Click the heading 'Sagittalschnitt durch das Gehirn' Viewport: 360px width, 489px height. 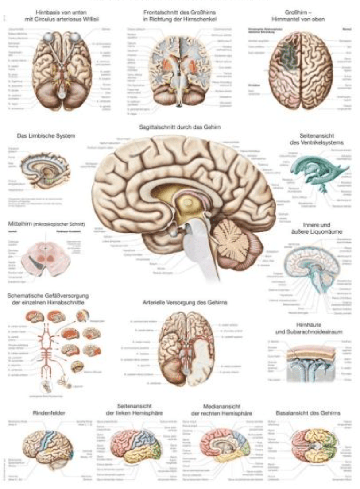180,127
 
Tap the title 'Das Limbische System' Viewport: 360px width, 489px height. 40,135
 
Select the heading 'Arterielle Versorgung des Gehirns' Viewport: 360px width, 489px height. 185,303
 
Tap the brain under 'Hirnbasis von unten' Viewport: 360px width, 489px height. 65,64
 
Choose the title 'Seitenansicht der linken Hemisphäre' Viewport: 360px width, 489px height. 135,409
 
